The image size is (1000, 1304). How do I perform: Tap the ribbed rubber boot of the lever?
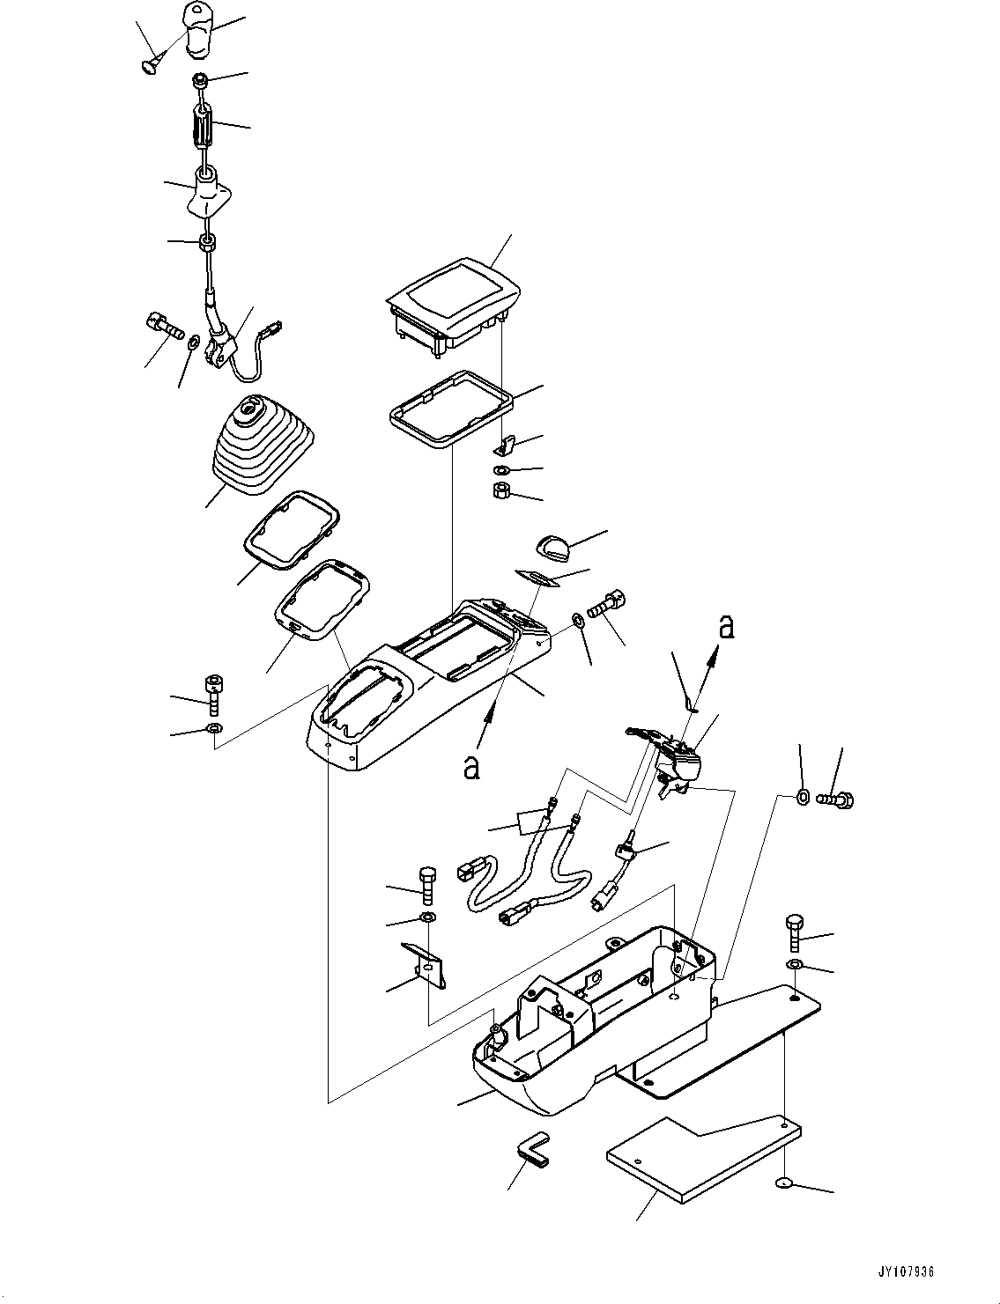click(259, 448)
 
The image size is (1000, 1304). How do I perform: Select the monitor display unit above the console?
click(453, 305)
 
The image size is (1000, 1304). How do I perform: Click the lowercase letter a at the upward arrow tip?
click(725, 627)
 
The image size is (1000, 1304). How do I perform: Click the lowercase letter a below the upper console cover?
click(473, 767)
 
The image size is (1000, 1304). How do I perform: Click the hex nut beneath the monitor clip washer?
click(501, 490)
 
